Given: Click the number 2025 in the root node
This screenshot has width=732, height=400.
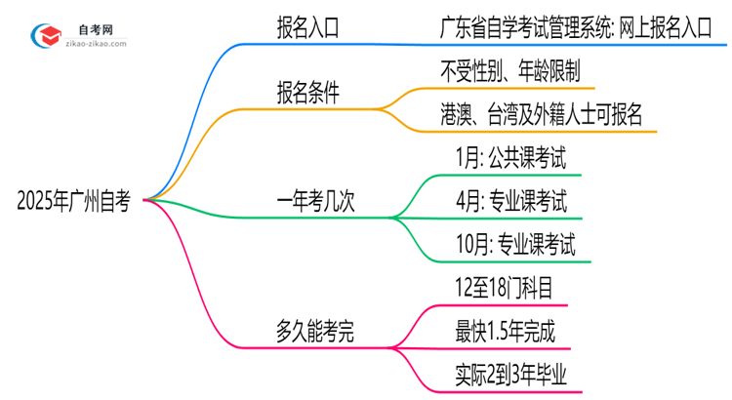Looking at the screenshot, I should click(x=36, y=202).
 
